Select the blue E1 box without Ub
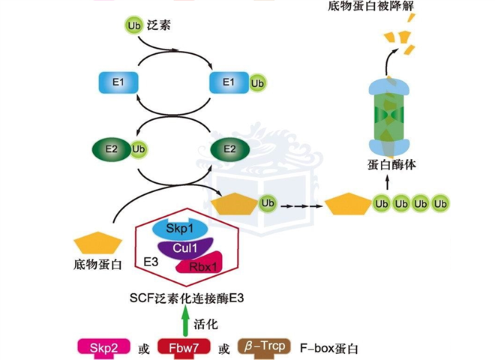[x=118, y=82]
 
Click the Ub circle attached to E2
[x=137, y=149]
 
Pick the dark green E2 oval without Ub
[x=230, y=149]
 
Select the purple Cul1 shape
[x=184, y=247]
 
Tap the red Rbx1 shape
[x=197, y=265]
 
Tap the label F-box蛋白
[x=329, y=349]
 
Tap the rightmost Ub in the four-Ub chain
[x=440, y=204]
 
